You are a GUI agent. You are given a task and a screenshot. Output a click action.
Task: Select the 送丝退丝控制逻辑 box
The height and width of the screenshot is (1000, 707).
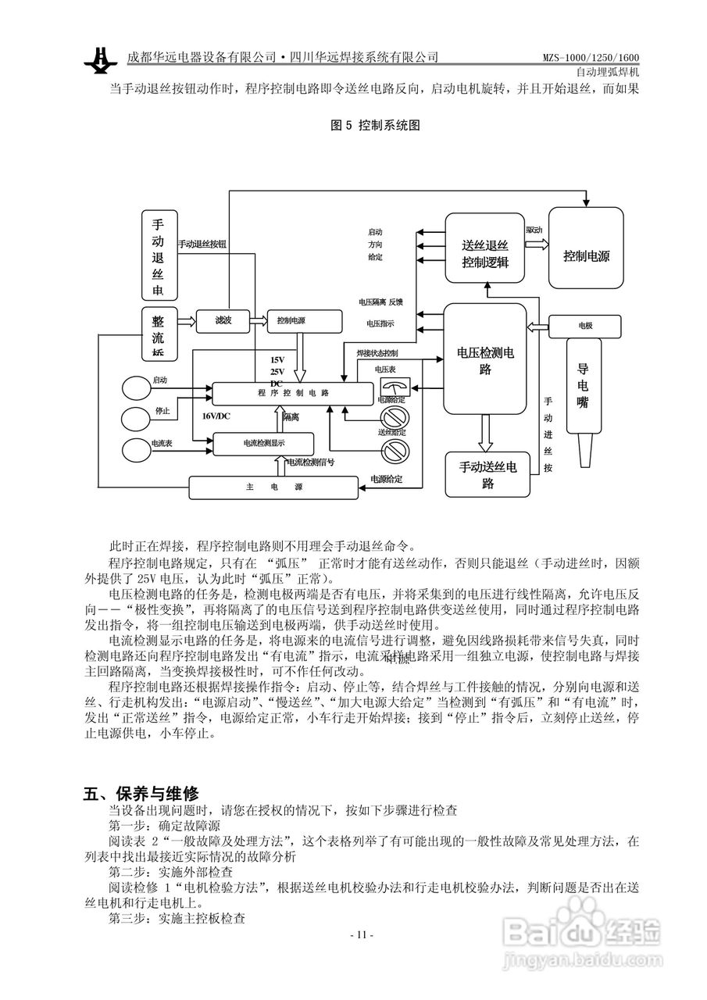point(485,248)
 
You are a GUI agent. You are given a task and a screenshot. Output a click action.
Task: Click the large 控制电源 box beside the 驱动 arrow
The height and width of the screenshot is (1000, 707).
point(586,247)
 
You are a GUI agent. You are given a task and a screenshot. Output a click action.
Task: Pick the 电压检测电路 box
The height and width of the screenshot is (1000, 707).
point(484,359)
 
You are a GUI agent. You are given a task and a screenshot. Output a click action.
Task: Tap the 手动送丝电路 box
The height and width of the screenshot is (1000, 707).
point(487,474)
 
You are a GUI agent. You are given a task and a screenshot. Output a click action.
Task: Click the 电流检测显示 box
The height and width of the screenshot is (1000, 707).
point(263,444)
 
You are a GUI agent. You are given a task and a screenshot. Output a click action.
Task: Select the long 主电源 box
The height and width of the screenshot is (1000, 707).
point(274,487)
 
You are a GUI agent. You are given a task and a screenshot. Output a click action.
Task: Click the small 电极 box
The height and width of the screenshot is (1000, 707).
point(585,325)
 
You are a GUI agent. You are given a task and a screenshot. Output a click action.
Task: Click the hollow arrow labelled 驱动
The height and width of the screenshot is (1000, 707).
point(536,242)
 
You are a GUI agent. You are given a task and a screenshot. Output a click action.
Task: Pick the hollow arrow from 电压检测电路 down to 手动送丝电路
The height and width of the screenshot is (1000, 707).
point(485,431)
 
